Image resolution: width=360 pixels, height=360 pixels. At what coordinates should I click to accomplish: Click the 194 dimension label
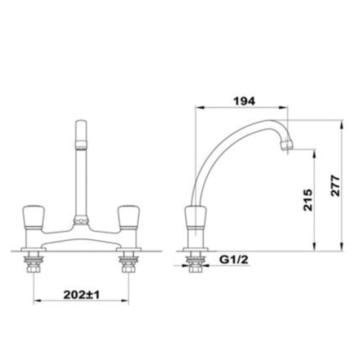click(x=244, y=101)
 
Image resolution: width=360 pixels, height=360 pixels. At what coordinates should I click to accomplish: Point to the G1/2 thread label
click(x=234, y=259)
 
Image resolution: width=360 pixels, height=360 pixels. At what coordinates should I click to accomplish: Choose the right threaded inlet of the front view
click(x=128, y=265)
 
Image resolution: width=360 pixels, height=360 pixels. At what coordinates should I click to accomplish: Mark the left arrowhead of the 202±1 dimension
click(x=36, y=301)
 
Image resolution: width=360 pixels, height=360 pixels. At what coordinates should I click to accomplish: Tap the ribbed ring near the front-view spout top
click(x=81, y=145)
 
